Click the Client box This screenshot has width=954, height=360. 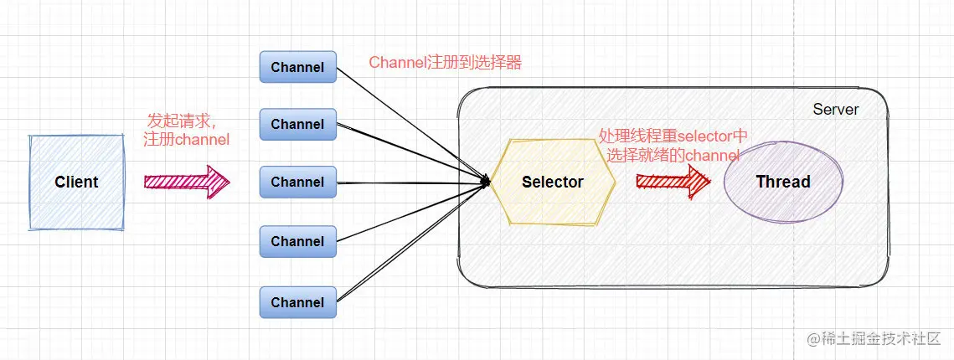click(x=76, y=182)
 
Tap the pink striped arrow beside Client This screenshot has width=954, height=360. click(x=186, y=182)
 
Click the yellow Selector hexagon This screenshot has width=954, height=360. click(x=552, y=183)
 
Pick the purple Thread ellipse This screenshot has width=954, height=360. click(x=783, y=182)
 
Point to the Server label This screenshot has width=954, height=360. click(x=835, y=110)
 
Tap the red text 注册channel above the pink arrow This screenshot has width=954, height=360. click(x=186, y=140)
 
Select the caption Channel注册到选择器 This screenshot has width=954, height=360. click(x=445, y=62)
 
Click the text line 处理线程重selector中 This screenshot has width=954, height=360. click(x=673, y=136)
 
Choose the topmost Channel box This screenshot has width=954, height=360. click(x=297, y=67)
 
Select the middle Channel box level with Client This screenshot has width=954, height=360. click(x=297, y=182)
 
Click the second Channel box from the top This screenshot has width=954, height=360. click(x=297, y=124)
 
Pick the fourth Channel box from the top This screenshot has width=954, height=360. click(x=297, y=241)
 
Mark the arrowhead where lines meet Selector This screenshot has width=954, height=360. click(x=485, y=182)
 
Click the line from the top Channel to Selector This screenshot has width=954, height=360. click(x=410, y=123)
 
